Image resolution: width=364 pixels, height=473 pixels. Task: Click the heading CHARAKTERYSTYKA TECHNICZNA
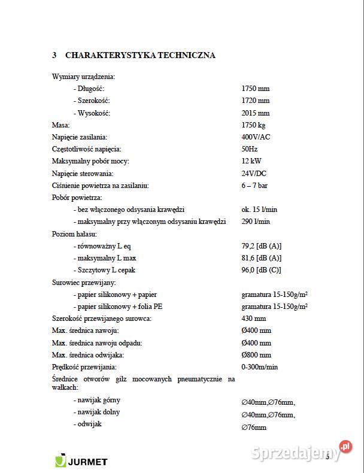(139, 55)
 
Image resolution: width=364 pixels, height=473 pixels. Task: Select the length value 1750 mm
(255, 89)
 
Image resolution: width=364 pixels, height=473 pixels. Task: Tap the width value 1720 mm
(255, 101)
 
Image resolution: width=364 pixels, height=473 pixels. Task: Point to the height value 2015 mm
(255, 113)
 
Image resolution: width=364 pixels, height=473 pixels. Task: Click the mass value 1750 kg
(253, 125)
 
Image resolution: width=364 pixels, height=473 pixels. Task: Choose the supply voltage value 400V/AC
(256, 137)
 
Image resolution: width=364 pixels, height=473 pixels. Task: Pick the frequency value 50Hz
(250, 149)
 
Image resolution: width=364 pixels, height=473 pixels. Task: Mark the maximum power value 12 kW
(251, 161)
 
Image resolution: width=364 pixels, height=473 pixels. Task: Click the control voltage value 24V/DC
(254, 173)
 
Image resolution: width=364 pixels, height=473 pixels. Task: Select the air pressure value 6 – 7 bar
(254, 186)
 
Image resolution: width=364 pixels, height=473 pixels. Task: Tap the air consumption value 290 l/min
(255, 222)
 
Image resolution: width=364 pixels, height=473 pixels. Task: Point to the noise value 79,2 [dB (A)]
(261, 246)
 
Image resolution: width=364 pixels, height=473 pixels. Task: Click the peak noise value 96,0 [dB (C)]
(261, 270)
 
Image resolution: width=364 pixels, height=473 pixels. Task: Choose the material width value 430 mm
(253, 319)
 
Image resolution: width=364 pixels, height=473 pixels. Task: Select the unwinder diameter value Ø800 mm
(256, 355)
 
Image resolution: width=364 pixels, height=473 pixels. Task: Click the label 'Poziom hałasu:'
(74, 234)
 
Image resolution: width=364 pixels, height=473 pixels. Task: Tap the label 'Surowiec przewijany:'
(84, 282)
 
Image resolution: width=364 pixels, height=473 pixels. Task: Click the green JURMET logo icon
(60, 461)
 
